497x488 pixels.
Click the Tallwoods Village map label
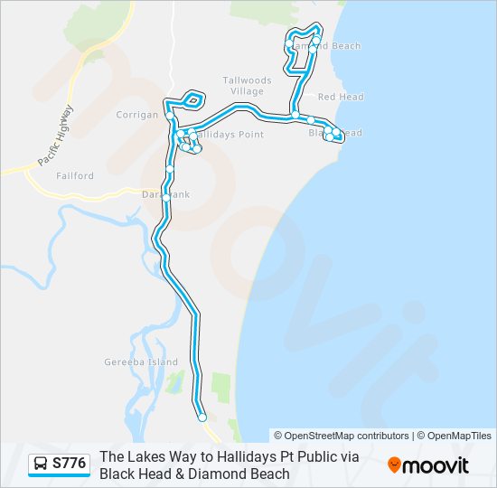tap(243, 86)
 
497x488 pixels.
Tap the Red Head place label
tap(340, 97)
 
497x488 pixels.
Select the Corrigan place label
tap(137, 115)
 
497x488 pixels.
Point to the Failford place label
tap(73, 176)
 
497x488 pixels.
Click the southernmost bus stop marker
tap(202, 418)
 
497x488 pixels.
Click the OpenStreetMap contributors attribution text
tap(342, 436)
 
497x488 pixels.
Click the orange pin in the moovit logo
tap(394, 465)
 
